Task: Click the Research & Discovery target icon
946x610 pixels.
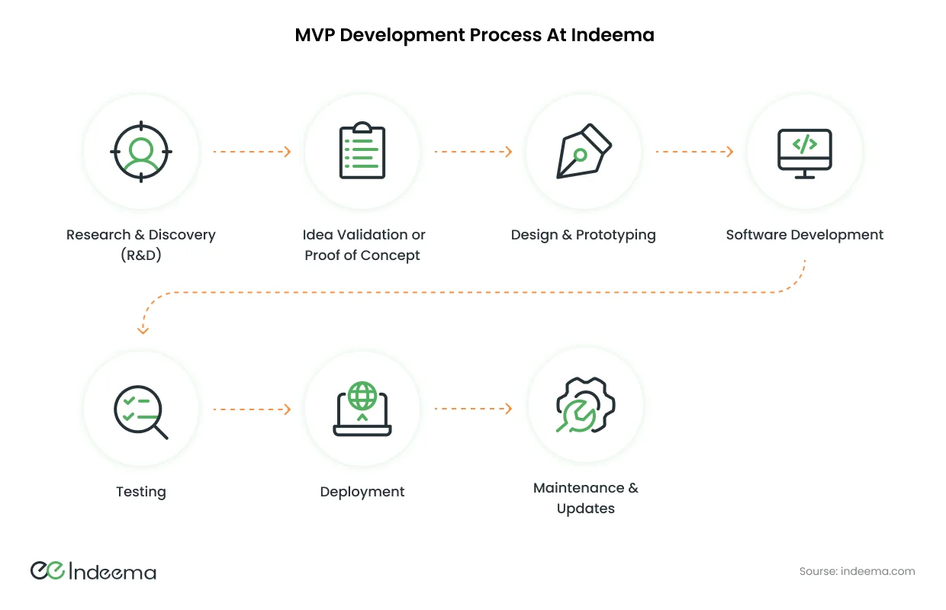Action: pyautogui.click(x=141, y=152)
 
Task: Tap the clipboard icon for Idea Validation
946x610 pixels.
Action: pyautogui.click(x=362, y=151)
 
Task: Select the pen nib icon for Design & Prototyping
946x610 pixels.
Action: pyautogui.click(x=584, y=151)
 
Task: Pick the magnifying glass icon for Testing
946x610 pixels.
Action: pyautogui.click(x=140, y=413)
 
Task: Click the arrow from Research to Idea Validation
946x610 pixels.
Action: pyautogui.click(x=252, y=152)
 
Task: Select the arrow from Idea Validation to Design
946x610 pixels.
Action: pyautogui.click(x=473, y=152)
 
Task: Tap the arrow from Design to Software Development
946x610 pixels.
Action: pyautogui.click(x=694, y=152)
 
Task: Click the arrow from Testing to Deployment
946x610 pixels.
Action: pyautogui.click(x=252, y=409)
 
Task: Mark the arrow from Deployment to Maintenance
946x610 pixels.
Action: pyautogui.click(x=473, y=409)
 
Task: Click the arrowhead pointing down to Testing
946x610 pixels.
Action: pyautogui.click(x=143, y=329)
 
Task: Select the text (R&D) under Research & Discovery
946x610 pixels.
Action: pyautogui.click(x=141, y=255)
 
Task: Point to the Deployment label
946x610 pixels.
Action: pyautogui.click(x=362, y=492)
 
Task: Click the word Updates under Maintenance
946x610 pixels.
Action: pyautogui.click(x=585, y=509)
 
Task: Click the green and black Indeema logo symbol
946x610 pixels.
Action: pyautogui.click(x=48, y=571)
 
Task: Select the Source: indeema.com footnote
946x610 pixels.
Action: pyautogui.click(x=857, y=571)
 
